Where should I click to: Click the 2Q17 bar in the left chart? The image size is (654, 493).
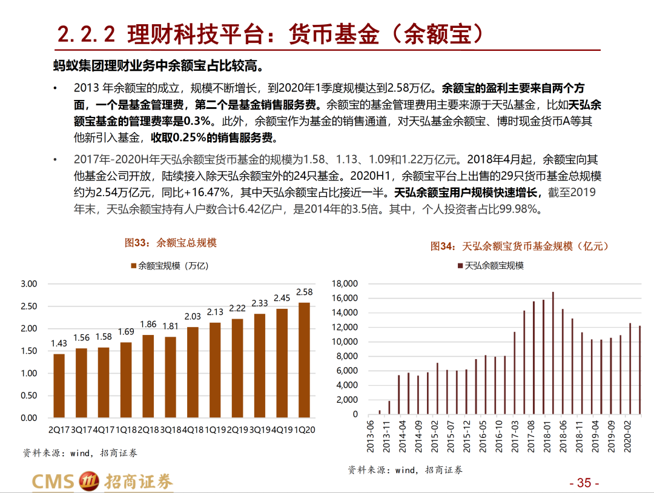[59, 386]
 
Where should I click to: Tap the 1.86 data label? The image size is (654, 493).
[148, 325]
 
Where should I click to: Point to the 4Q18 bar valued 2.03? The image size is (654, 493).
[193, 372]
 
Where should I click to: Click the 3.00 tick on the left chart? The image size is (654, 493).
[29, 284]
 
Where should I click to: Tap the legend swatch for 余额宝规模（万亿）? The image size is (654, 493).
[133, 265]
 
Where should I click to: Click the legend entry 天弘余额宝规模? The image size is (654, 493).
[494, 265]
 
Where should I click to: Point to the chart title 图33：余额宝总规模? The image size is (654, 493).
[170, 243]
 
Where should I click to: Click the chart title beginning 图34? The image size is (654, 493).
[519, 247]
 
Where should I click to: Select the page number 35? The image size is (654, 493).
[584, 483]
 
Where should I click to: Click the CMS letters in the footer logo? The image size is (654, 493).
[52, 481]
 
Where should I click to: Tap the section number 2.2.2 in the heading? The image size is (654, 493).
[86, 35]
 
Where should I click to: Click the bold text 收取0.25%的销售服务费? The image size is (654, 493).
[216, 137]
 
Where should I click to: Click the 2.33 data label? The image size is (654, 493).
[260, 303]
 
